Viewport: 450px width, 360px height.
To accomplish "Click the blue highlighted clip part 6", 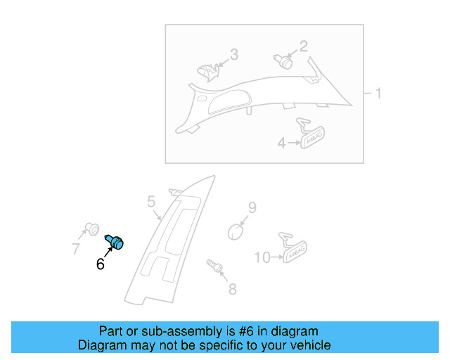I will (x=115, y=242).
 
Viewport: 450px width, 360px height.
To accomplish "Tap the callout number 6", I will (x=100, y=264).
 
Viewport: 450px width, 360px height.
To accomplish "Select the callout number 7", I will (x=76, y=248).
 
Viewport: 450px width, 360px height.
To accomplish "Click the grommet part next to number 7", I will (x=90, y=229).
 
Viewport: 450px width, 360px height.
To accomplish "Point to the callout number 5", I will (x=151, y=202).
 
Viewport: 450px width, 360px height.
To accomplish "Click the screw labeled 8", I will (x=214, y=266).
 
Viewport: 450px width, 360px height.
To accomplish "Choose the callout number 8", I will (x=232, y=288).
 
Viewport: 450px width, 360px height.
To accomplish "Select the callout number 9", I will (x=252, y=207).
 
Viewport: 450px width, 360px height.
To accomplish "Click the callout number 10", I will (x=262, y=258).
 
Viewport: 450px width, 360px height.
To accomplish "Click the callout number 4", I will (x=281, y=143).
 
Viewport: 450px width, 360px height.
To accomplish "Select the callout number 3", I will (x=234, y=54).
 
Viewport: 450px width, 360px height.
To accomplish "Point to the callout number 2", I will (x=304, y=46).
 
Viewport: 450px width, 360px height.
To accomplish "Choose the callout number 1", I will (x=378, y=94).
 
